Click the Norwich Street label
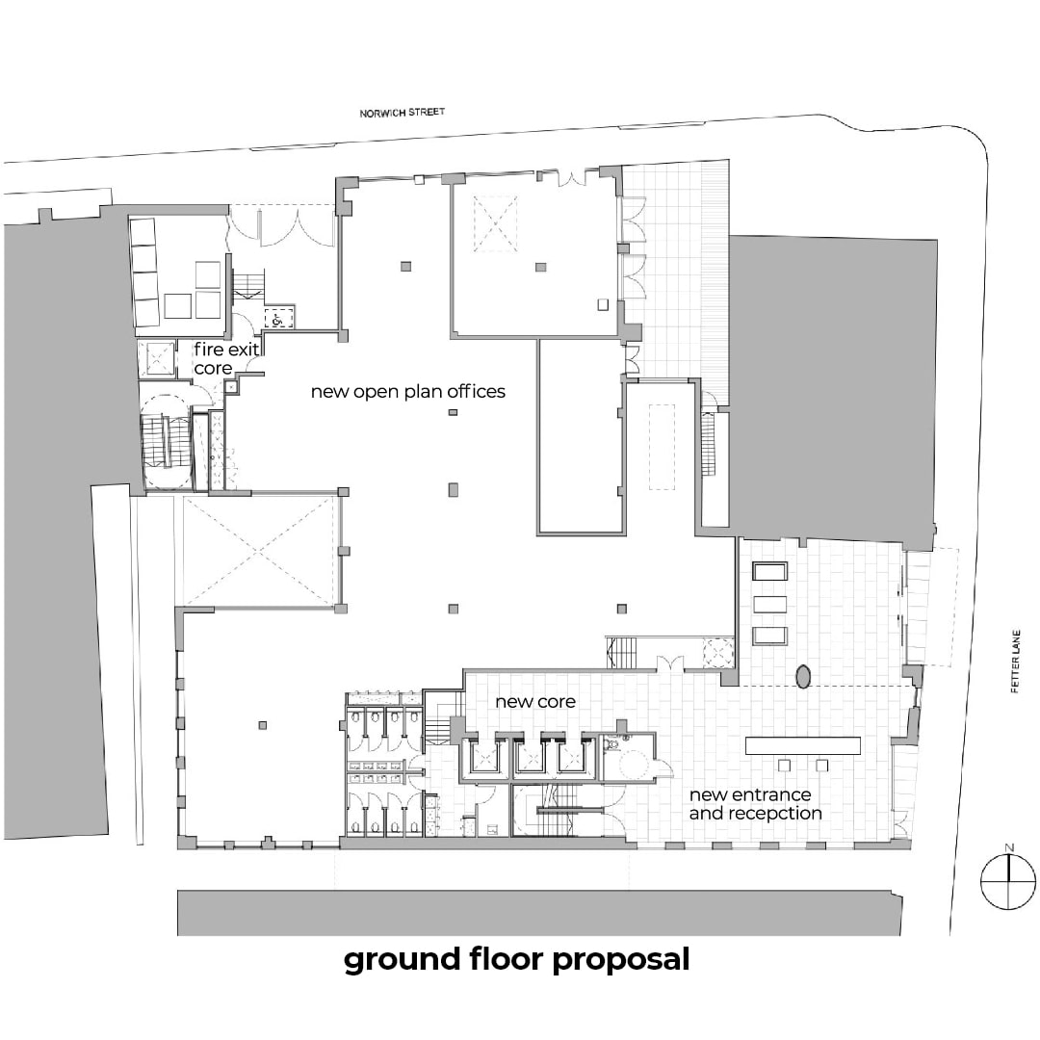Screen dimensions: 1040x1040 point(402,113)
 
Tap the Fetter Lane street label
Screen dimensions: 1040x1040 point(1015,662)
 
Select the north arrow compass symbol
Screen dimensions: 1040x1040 point(1008,882)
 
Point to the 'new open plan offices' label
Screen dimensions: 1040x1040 point(408,391)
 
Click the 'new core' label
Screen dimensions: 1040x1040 point(535,701)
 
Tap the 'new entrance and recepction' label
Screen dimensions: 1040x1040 point(756,803)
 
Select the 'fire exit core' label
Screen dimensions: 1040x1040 point(225,358)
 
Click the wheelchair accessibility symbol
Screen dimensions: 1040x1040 point(277,319)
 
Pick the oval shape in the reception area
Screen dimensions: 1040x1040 point(803,676)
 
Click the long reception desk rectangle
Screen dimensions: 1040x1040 point(802,745)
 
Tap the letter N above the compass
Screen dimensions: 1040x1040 point(1009,847)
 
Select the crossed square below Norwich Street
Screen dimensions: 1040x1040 point(495,223)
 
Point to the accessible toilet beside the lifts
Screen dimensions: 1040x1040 point(629,756)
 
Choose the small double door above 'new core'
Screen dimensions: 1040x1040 point(668,663)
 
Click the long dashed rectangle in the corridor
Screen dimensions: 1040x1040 point(662,447)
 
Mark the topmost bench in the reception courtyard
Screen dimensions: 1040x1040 point(770,571)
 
